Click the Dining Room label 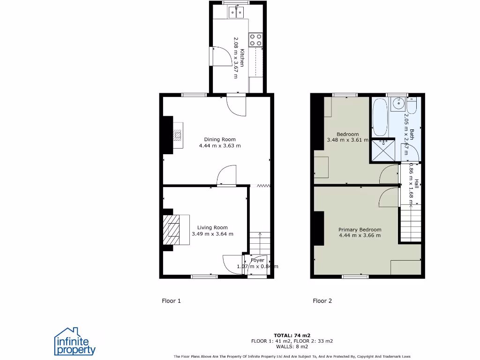point(219,139)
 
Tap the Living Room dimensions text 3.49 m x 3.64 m point(212,234)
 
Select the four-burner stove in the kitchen point(255,39)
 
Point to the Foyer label point(257,260)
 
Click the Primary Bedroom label point(360,230)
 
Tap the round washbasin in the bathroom point(399,104)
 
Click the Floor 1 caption point(171,301)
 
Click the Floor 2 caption point(322,301)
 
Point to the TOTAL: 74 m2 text point(292,335)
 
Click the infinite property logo point(75,342)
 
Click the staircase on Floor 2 point(411,225)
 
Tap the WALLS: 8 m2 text point(292,347)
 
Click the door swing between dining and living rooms point(227,175)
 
